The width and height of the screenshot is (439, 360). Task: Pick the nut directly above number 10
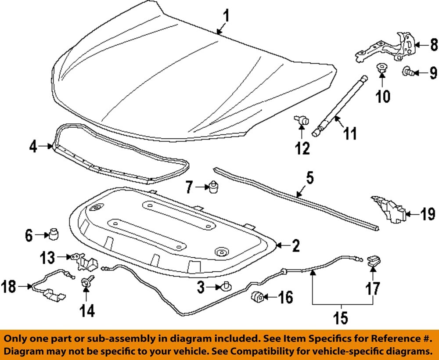click(381, 69)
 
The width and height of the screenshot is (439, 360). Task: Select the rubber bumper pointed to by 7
click(215, 187)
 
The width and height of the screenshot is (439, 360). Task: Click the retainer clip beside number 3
click(226, 287)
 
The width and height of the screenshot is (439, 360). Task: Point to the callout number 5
click(309, 179)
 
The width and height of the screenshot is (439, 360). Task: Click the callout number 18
click(9, 287)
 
